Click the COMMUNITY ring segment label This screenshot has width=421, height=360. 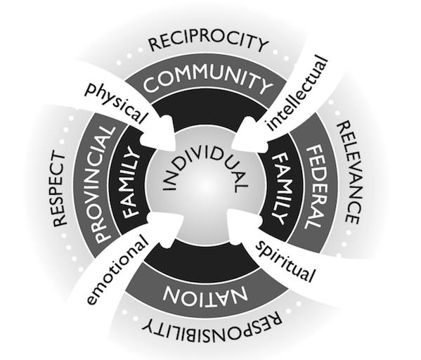(x=207, y=79)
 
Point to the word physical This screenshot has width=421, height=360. (x=116, y=102)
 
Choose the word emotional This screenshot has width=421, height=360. (x=117, y=270)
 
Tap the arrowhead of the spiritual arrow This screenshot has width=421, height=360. (x=243, y=225)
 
